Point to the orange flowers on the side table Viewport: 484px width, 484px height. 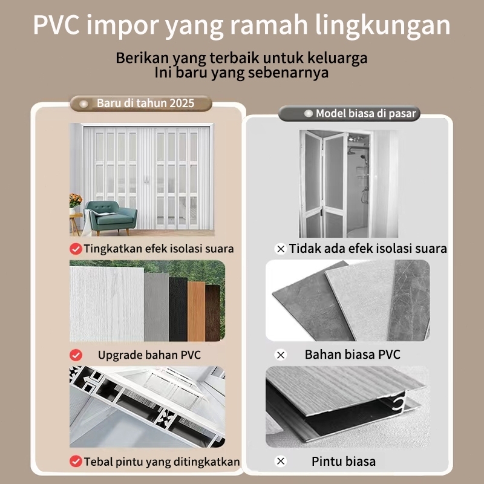(76, 200)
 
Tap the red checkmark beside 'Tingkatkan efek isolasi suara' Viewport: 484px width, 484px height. (76, 249)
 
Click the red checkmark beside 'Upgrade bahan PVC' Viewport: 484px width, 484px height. (76, 355)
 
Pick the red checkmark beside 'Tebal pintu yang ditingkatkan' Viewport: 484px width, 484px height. (76, 461)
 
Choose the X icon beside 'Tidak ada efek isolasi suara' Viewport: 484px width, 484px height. (280, 249)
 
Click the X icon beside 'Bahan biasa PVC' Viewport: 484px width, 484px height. (280, 355)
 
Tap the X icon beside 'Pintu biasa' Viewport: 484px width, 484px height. (280, 461)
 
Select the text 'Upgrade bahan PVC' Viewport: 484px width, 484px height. (149, 355)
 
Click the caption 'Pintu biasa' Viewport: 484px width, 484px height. (344, 461)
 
